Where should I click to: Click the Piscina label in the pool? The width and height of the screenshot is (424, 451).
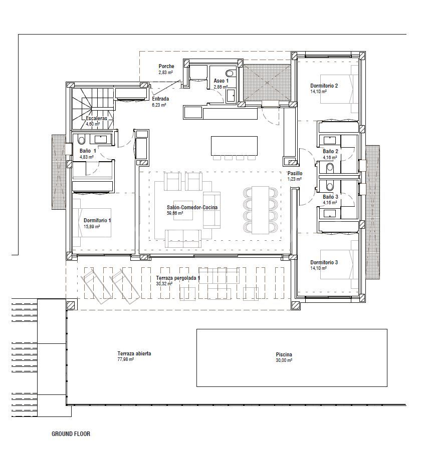(284, 355)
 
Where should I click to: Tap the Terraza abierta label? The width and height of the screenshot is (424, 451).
(134, 353)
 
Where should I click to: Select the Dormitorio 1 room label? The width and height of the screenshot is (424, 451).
(97, 220)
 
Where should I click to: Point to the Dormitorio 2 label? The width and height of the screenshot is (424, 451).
(324, 86)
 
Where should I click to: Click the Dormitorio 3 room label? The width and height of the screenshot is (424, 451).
(324, 262)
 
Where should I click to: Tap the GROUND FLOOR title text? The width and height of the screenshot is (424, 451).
(71, 434)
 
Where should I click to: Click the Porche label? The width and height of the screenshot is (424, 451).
(166, 66)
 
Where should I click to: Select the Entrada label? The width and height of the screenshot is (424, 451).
(160, 99)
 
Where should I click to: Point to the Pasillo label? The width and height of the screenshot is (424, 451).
(295, 173)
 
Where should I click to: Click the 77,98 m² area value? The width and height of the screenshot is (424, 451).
(125, 359)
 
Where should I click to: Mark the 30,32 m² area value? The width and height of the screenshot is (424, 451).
(164, 283)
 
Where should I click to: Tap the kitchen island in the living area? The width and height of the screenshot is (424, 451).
(234, 145)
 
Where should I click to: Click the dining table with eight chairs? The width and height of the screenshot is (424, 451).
(260, 210)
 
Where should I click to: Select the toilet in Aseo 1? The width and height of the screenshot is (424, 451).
(231, 73)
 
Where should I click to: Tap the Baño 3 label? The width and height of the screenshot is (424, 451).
(330, 197)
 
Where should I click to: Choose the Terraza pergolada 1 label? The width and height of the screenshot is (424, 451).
(178, 278)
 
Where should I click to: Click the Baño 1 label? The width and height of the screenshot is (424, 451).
(88, 151)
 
